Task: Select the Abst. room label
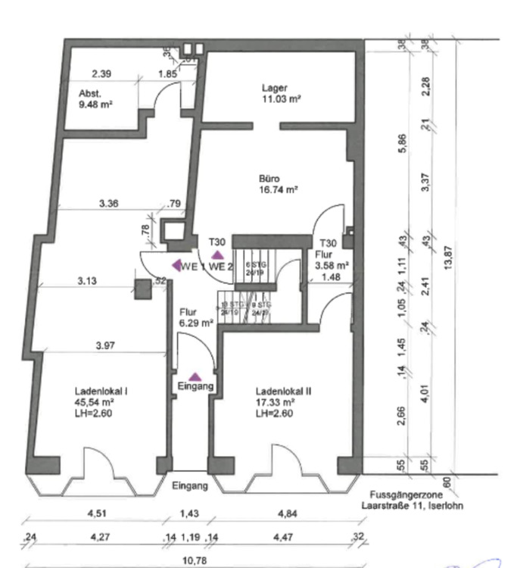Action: coord(89,93)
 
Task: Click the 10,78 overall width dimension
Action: coord(195,560)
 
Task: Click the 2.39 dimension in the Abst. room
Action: coord(101,74)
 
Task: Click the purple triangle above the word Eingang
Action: coord(195,376)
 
